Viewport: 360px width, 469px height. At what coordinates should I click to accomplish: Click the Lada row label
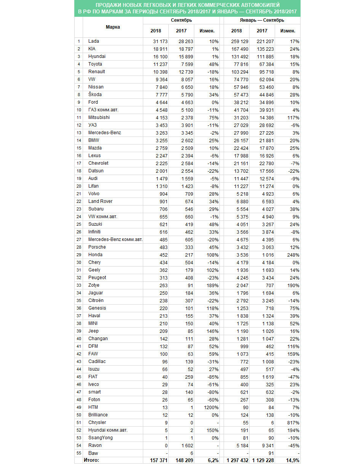point(93,41)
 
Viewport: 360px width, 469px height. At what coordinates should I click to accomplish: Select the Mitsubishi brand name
point(99,117)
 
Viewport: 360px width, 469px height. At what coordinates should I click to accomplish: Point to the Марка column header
point(113,27)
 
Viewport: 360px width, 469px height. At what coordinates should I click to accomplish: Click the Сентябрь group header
point(181,20)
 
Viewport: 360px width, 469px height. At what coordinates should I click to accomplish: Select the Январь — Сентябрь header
point(262,20)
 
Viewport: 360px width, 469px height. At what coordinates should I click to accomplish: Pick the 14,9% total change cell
point(292,461)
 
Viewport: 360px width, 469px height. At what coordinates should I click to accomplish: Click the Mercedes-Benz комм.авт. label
point(115,239)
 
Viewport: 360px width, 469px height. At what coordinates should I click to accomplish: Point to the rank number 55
point(78,453)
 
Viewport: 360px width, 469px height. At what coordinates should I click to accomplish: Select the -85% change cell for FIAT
point(212,377)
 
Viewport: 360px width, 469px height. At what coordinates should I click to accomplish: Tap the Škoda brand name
point(95,95)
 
